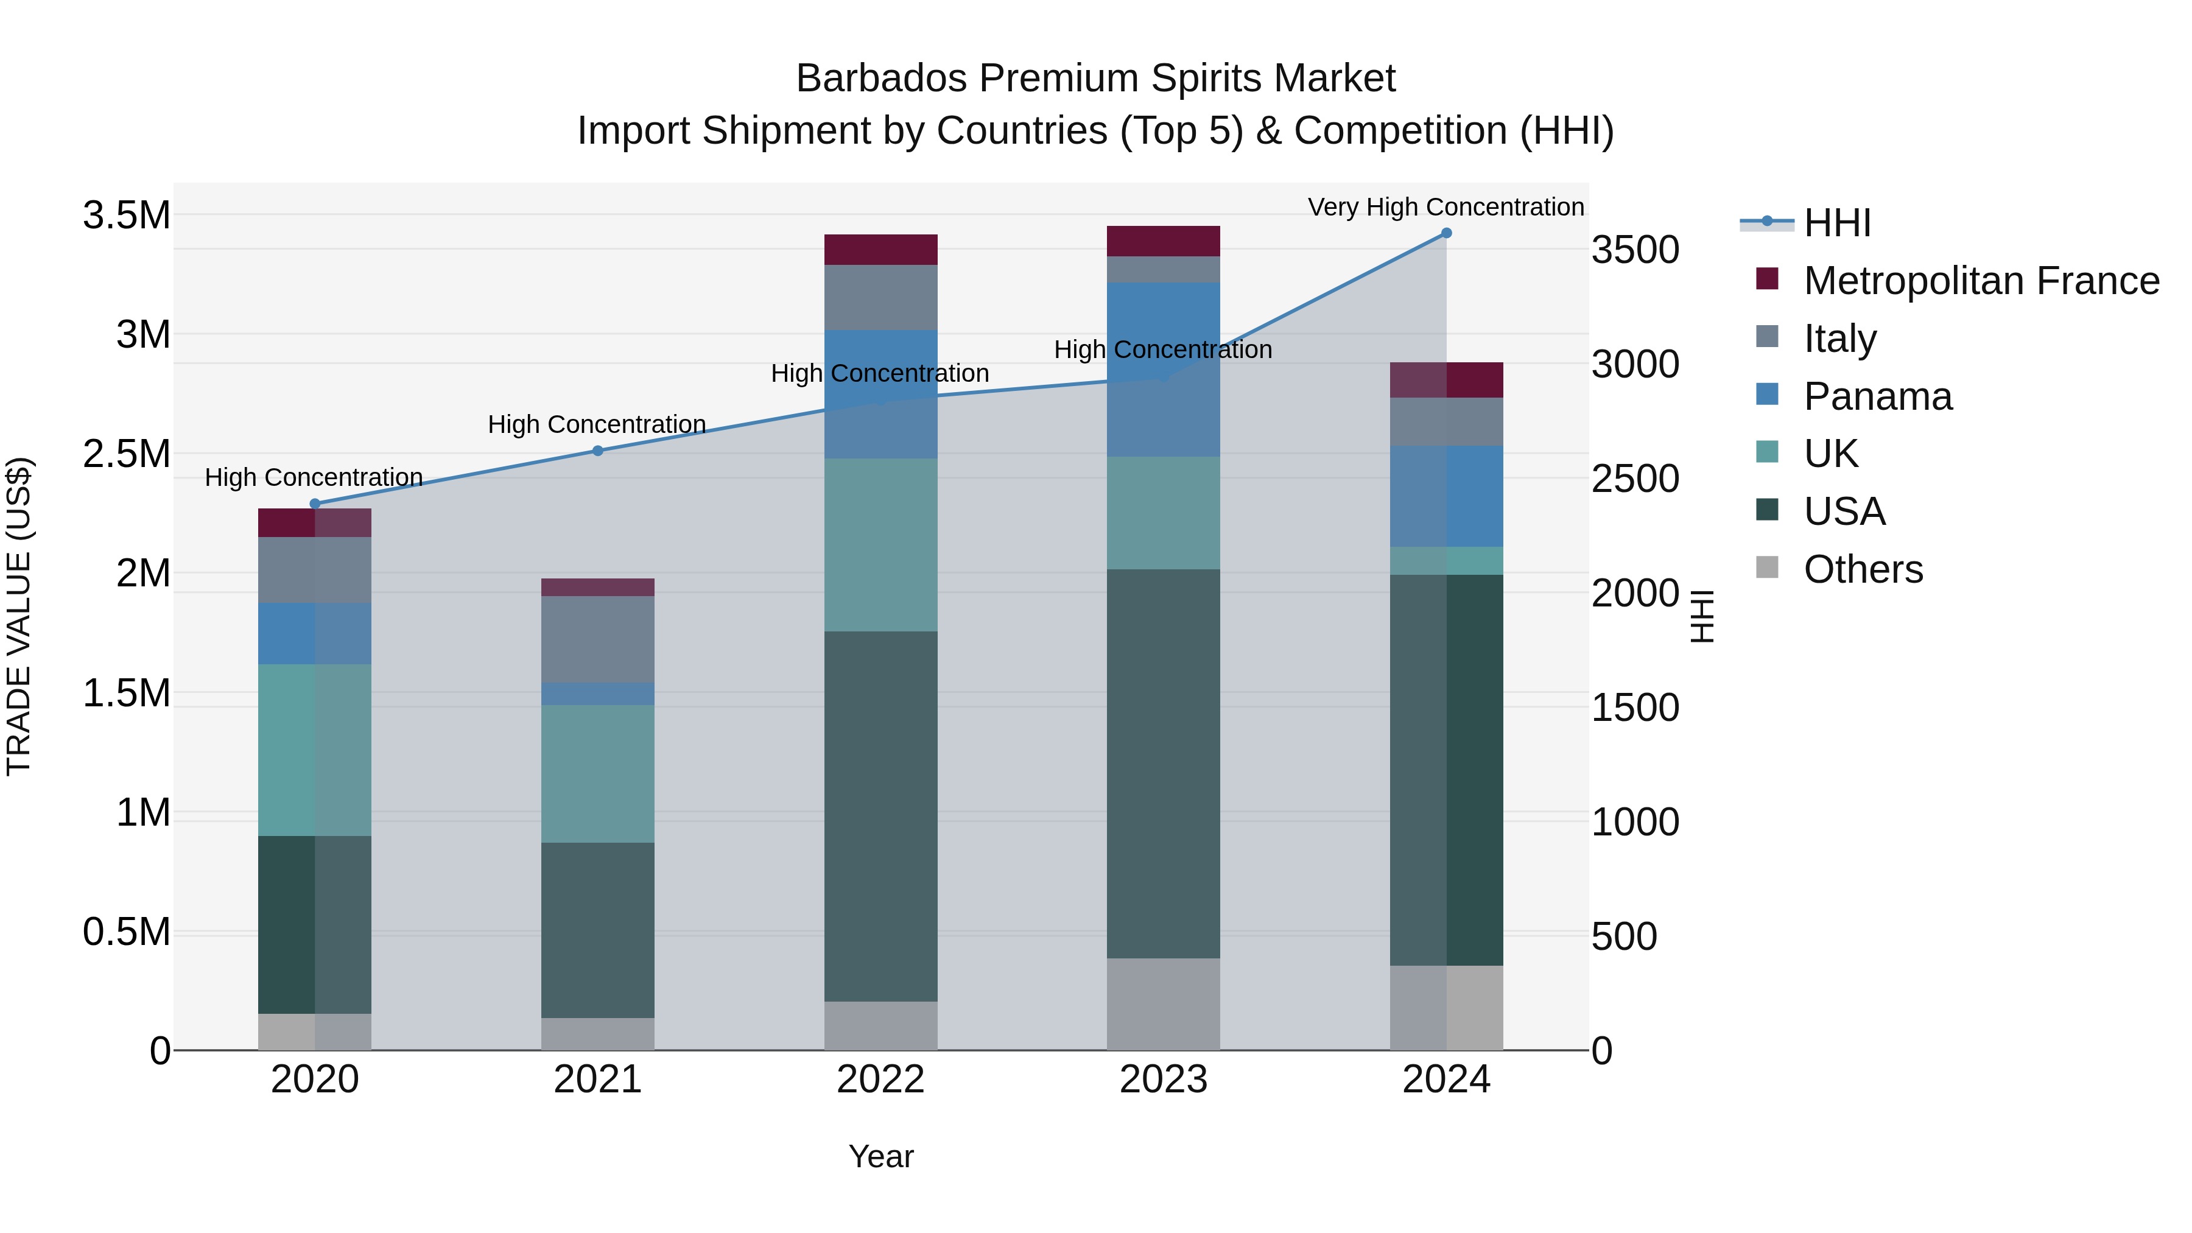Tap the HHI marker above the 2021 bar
tap(597, 451)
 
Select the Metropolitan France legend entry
tap(1981, 281)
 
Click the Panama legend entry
tap(1877, 396)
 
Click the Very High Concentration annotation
tap(1445, 207)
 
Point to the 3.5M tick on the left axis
tap(127, 216)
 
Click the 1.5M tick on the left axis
tap(127, 694)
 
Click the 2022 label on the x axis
tap(880, 1080)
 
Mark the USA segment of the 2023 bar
tap(1163, 764)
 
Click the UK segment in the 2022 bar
tap(880, 544)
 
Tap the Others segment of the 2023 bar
tap(1163, 1004)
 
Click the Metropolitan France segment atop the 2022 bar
tap(880, 249)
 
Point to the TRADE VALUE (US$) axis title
tap(19, 616)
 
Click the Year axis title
tap(880, 1156)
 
